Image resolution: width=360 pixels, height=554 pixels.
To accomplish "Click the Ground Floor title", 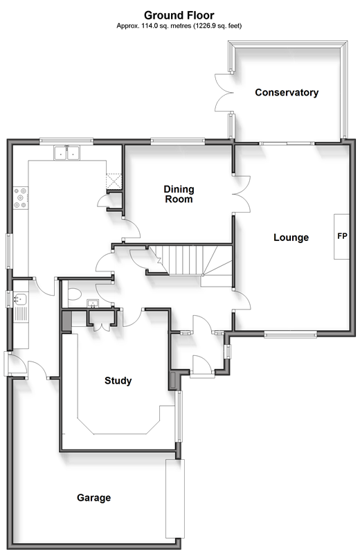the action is tap(179, 15).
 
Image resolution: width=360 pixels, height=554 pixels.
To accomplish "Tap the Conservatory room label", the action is tap(287, 93).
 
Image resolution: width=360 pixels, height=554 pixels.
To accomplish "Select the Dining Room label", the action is tap(179, 194).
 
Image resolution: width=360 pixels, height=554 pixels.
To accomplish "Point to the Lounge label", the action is tap(291, 238).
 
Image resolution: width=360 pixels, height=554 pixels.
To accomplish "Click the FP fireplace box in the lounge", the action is tap(341, 237).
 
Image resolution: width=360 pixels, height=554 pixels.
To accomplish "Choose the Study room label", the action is tap(118, 380).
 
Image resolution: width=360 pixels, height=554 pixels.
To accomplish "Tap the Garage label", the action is tap(93, 498).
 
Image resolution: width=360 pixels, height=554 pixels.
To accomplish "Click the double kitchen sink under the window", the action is tap(66, 153).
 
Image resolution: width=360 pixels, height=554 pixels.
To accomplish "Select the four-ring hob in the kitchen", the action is tap(21, 198).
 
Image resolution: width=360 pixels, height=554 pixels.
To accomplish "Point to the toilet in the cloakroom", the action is tap(74, 294).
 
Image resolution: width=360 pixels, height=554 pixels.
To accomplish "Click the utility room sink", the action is tap(21, 299).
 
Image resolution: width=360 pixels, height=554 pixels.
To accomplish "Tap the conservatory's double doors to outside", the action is tap(224, 93).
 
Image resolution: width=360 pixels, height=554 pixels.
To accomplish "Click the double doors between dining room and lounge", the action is tap(242, 194).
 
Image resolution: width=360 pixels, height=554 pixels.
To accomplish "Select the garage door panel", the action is tap(175, 499).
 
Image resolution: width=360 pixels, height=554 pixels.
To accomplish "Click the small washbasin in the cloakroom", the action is tap(93, 303).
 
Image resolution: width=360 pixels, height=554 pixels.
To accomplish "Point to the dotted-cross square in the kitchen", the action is tap(114, 181).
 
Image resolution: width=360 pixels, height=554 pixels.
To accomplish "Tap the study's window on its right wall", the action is tap(179, 416).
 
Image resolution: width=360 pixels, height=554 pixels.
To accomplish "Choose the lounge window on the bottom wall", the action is tap(290, 334).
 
